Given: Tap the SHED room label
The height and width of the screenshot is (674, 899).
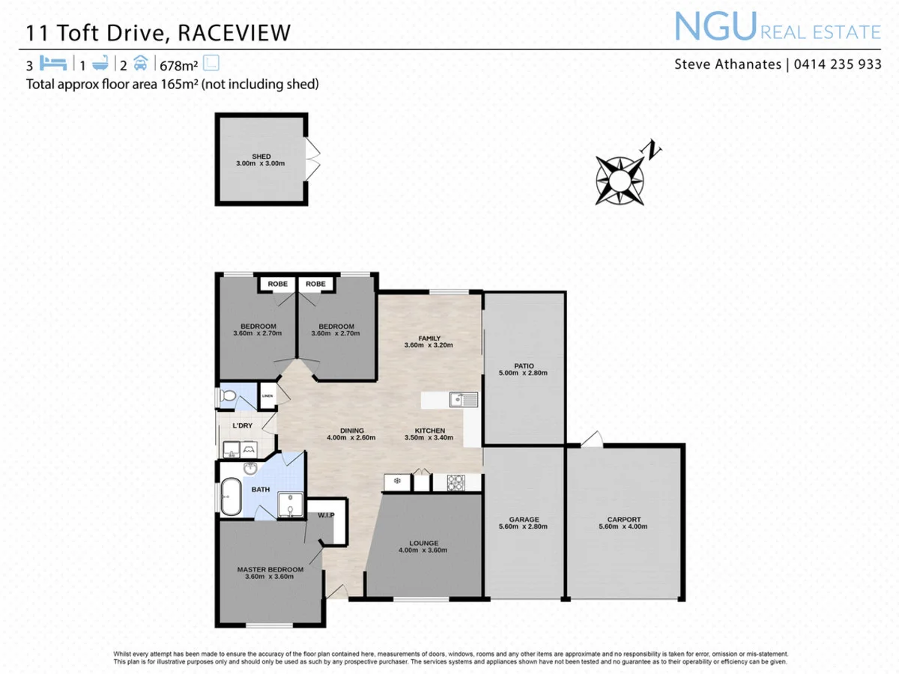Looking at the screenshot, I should coord(261,157).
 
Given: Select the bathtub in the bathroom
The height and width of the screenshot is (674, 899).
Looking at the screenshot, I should coord(230,497).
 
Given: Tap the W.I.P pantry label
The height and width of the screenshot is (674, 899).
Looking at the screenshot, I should coord(325,515).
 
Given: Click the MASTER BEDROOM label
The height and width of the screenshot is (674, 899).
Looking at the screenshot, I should coord(270,569).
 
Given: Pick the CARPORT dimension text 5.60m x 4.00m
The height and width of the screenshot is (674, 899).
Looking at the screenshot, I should coord(624,526).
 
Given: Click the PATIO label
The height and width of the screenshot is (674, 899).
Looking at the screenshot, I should coord(524,365).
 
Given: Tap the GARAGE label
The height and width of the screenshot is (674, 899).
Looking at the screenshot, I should coord(524,519).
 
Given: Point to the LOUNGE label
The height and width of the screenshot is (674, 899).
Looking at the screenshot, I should coord(423,543).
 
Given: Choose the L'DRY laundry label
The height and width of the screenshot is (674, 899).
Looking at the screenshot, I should coord(242,425).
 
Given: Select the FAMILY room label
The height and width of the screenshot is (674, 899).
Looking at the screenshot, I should coord(429,338).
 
